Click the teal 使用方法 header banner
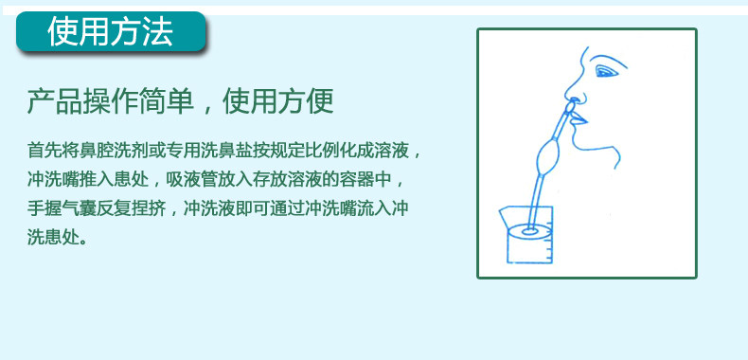pos(111,31)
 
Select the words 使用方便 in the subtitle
pos(278,100)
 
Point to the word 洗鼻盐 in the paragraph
pos(212,151)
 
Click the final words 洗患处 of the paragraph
pos(53,238)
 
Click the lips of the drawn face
pos(579,118)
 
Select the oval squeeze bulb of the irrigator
pos(546,153)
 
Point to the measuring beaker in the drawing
pos(528,234)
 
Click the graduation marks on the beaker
pos(549,243)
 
